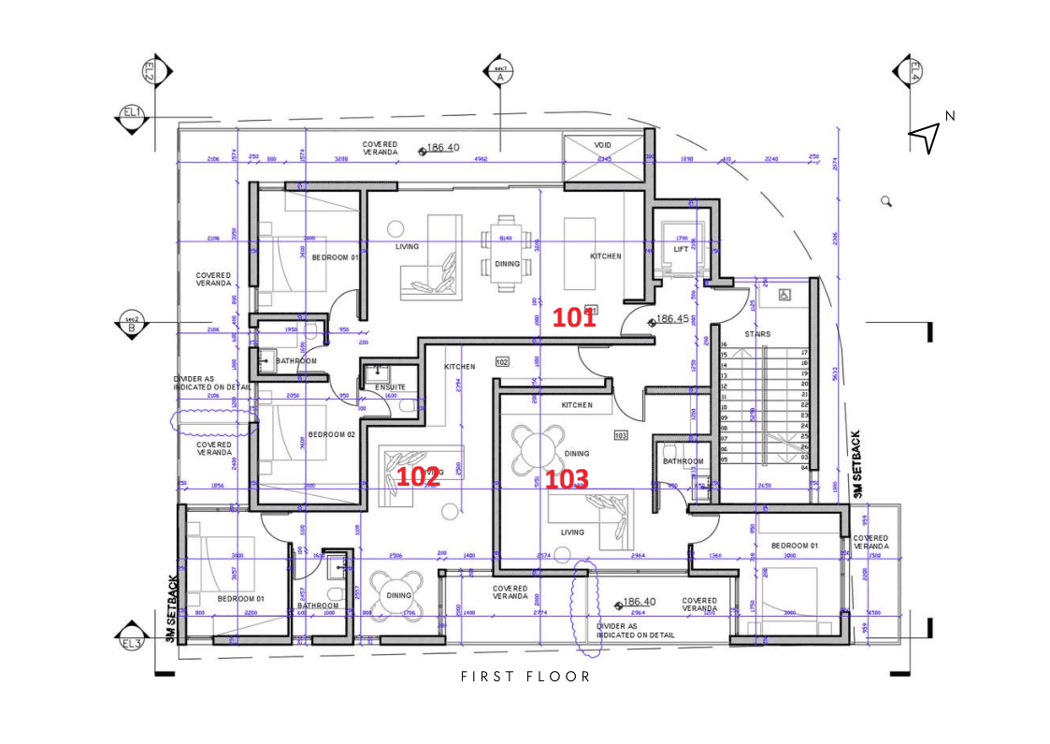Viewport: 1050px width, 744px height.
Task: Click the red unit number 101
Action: [x=573, y=318]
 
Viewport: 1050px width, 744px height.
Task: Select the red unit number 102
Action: [x=418, y=476]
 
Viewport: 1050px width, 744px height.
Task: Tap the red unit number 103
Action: [x=567, y=479]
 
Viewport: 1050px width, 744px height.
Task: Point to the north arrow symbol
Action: [x=924, y=138]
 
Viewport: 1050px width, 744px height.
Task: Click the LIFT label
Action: [x=681, y=250]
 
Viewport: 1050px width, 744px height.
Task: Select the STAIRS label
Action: [x=757, y=334]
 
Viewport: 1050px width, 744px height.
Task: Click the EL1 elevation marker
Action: [x=132, y=114]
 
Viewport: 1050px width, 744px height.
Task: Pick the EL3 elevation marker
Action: [x=131, y=643]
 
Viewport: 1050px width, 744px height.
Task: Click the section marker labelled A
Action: [x=499, y=73]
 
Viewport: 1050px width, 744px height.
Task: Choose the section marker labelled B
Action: [x=131, y=324]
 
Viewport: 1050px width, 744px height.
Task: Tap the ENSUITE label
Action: [x=391, y=387]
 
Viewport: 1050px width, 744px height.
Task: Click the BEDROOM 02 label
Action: [x=332, y=435]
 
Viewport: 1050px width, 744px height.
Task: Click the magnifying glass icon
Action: [x=885, y=200]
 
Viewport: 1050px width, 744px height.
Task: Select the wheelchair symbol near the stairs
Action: [x=784, y=295]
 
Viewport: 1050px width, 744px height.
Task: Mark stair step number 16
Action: [x=724, y=344]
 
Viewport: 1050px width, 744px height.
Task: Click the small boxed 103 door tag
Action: [x=620, y=435]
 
